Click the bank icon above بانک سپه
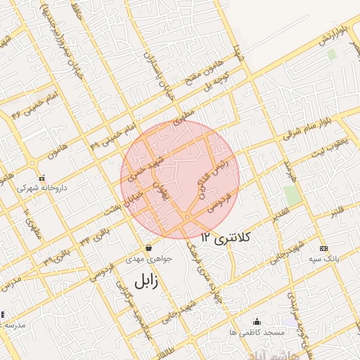323,248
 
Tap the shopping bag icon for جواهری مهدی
148,248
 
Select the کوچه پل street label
218,84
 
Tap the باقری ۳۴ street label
94,236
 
